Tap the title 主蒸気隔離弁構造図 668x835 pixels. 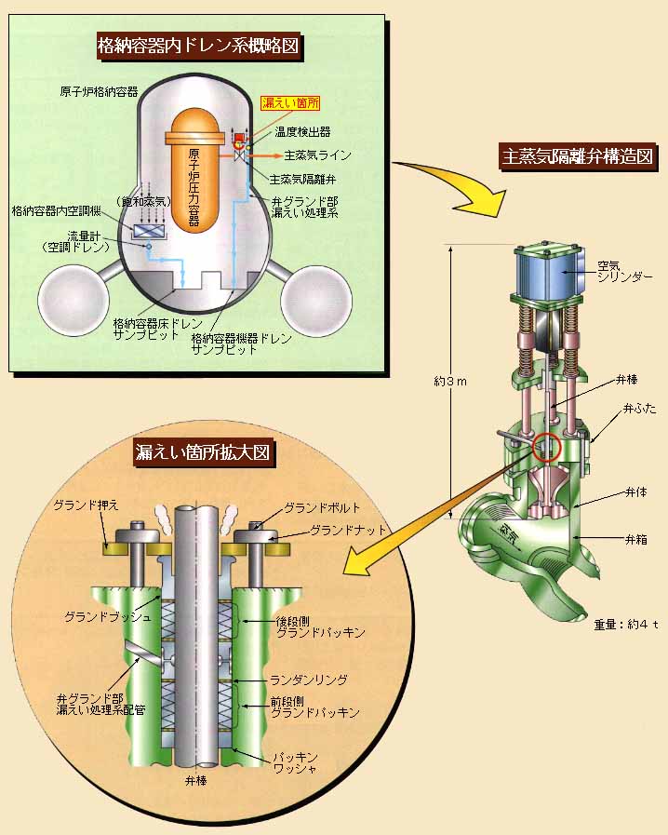pyautogui.click(x=579, y=156)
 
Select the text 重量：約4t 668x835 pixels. pyautogui.click(x=626, y=625)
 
